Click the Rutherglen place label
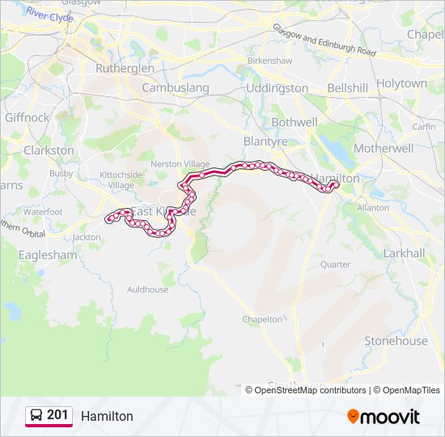pos(125,69)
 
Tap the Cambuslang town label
pos(176,87)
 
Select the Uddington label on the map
pos(277,87)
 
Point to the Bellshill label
pos(348,87)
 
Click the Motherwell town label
pos(384,149)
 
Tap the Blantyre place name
pos(265,141)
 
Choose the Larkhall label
pos(404,253)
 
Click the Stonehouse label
pos(396,341)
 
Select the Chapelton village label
pos(263,320)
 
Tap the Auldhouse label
pos(147,290)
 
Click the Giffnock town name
pos(27,117)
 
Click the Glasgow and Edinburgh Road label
pos(324,40)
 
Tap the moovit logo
pos(384,417)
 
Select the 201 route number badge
pos(49,415)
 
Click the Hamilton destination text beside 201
pos(107,416)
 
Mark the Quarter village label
pos(335,265)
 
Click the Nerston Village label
pos(185,163)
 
